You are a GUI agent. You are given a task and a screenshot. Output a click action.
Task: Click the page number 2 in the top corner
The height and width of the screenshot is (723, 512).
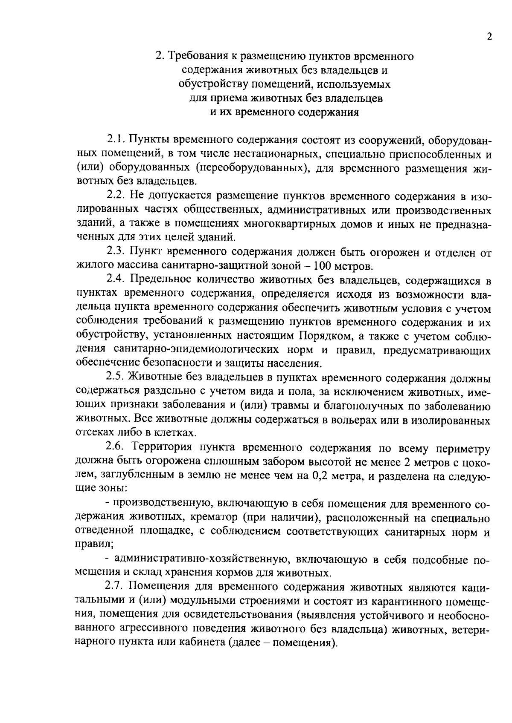489,37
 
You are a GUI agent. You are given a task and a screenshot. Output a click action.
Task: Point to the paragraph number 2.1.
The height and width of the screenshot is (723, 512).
115,139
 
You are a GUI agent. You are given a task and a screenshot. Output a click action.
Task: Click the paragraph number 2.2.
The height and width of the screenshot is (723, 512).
115,196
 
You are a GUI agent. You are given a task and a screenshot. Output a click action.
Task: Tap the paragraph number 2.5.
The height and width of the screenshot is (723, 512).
115,378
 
